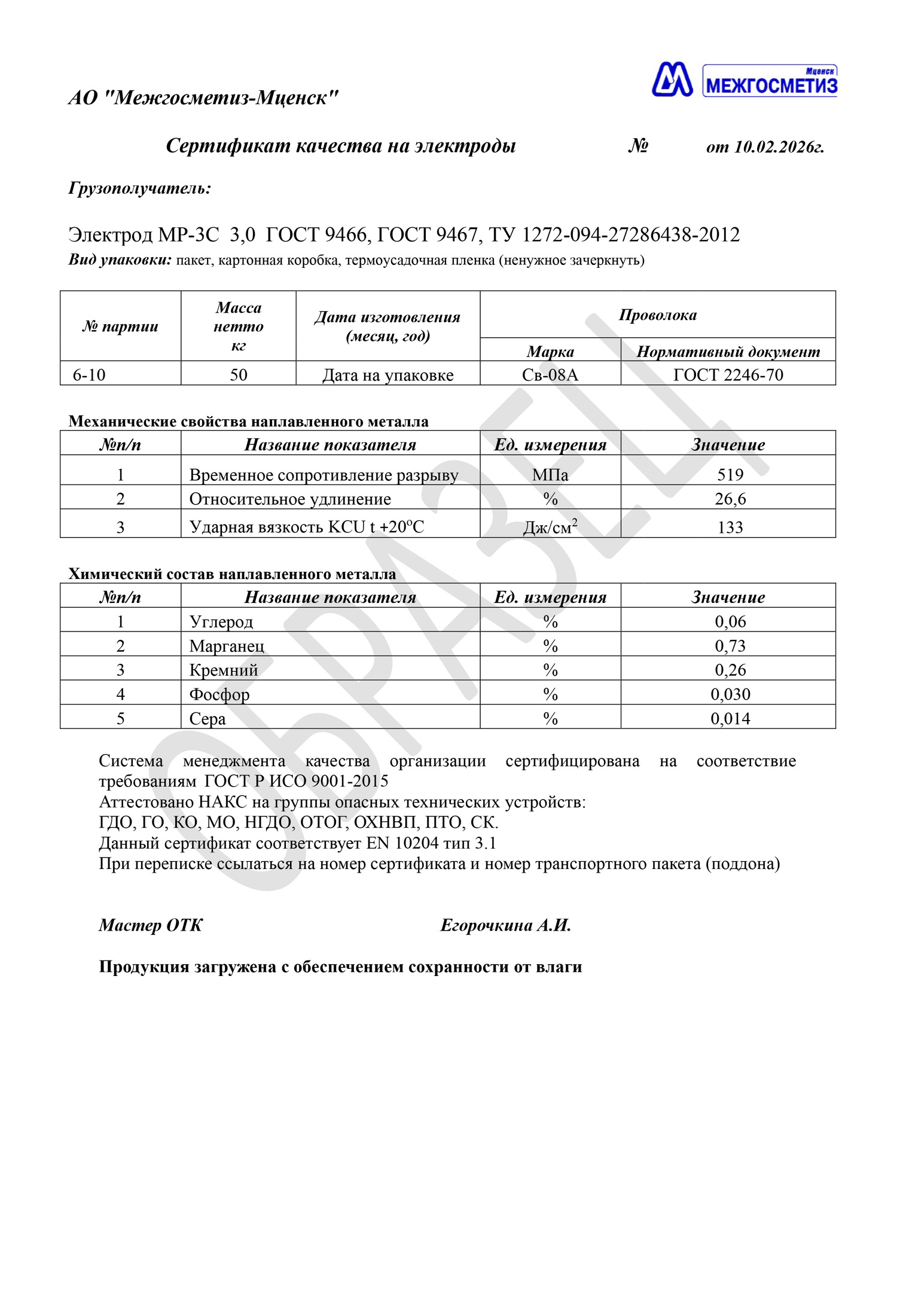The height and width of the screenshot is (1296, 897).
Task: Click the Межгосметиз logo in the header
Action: tap(744, 80)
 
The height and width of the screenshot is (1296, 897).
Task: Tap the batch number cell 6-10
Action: tap(89, 375)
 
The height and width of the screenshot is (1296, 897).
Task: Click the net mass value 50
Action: tap(239, 375)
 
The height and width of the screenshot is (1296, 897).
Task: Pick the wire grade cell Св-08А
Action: tap(550, 375)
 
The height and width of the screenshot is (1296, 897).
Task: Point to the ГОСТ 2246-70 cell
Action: tap(728, 375)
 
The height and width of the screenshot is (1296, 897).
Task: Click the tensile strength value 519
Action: tap(730, 475)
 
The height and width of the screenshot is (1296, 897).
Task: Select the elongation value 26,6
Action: tap(730, 499)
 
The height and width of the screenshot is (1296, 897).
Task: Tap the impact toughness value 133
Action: tap(730, 527)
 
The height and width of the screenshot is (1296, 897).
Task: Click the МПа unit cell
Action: tap(550, 475)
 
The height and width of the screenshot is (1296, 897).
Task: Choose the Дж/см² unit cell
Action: tap(550, 527)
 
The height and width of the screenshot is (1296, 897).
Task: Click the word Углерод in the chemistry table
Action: tap(221, 622)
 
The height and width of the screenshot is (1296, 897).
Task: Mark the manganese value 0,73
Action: tap(730, 646)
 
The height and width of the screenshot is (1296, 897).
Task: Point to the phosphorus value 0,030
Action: tap(730, 694)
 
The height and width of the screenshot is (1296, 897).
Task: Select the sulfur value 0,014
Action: tap(730, 719)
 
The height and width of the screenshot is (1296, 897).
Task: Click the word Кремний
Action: tap(224, 670)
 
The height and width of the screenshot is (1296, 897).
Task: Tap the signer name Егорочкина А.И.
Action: tap(506, 926)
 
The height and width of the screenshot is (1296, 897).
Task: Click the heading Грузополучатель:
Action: tap(140, 188)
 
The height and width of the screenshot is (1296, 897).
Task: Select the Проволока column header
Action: tap(658, 315)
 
